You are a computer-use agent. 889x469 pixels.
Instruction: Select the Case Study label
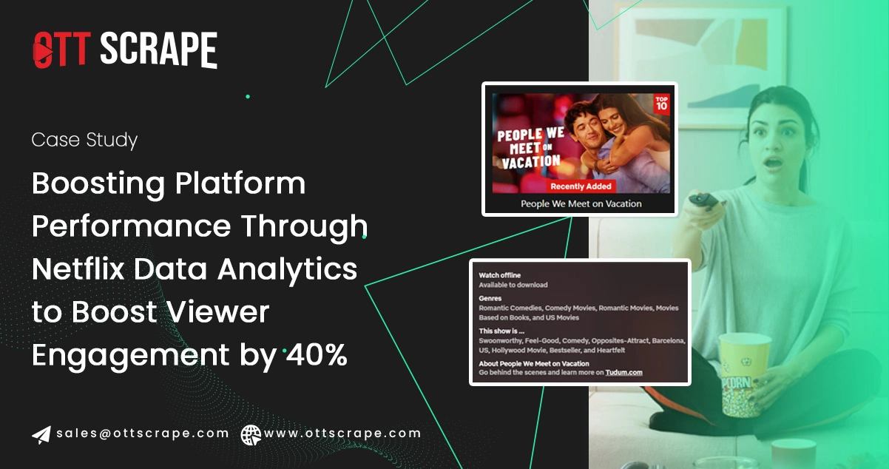pyautogui.click(x=84, y=140)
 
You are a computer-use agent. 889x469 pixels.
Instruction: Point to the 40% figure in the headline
pyautogui.click(x=317, y=355)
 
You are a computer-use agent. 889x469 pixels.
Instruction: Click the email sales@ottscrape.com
pyautogui.click(x=142, y=433)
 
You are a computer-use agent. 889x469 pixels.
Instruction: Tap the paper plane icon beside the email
pyautogui.click(x=41, y=434)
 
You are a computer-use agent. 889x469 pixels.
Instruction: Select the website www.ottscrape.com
pyautogui.click(x=342, y=433)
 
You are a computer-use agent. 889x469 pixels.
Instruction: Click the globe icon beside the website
pyautogui.click(x=251, y=434)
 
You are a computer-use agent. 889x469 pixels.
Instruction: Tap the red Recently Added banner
pyautogui.click(x=581, y=186)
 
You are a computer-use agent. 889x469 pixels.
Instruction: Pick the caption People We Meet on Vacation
pyautogui.click(x=581, y=203)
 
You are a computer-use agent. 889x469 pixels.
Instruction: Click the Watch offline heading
pyautogui.click(x=500, y=275)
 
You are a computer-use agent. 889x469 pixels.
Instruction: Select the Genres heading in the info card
pyautogui.click(x=490, y=298)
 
